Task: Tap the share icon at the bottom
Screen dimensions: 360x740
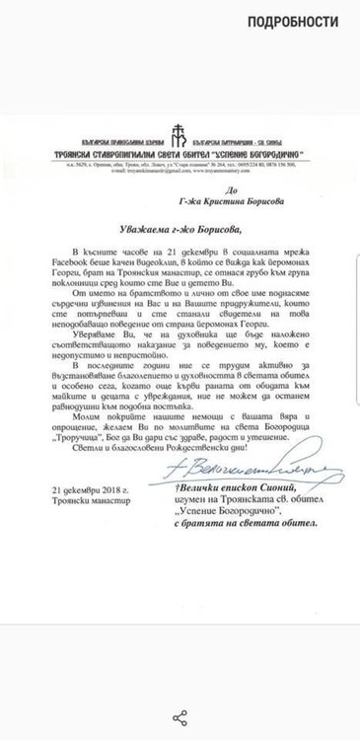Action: click(x=180, y=716)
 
